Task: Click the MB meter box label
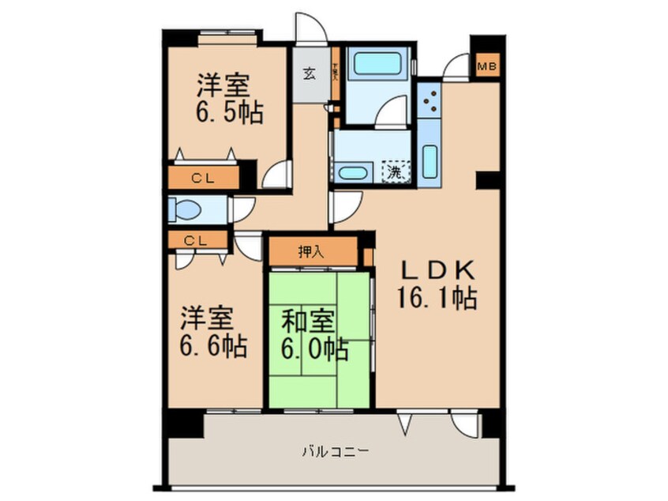point(486,67)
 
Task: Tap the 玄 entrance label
point(310,74)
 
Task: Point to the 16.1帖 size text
point(437,298)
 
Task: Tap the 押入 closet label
point(311,253)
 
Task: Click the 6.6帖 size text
point(213,345)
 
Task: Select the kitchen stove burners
point(430,101)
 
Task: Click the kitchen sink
point(430,160)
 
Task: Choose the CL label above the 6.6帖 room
point(195,241)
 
